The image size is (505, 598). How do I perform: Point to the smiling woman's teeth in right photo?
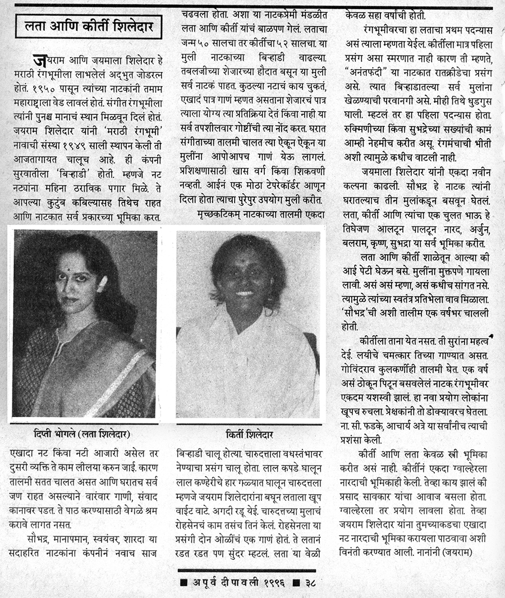click(x=244, y=293)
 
